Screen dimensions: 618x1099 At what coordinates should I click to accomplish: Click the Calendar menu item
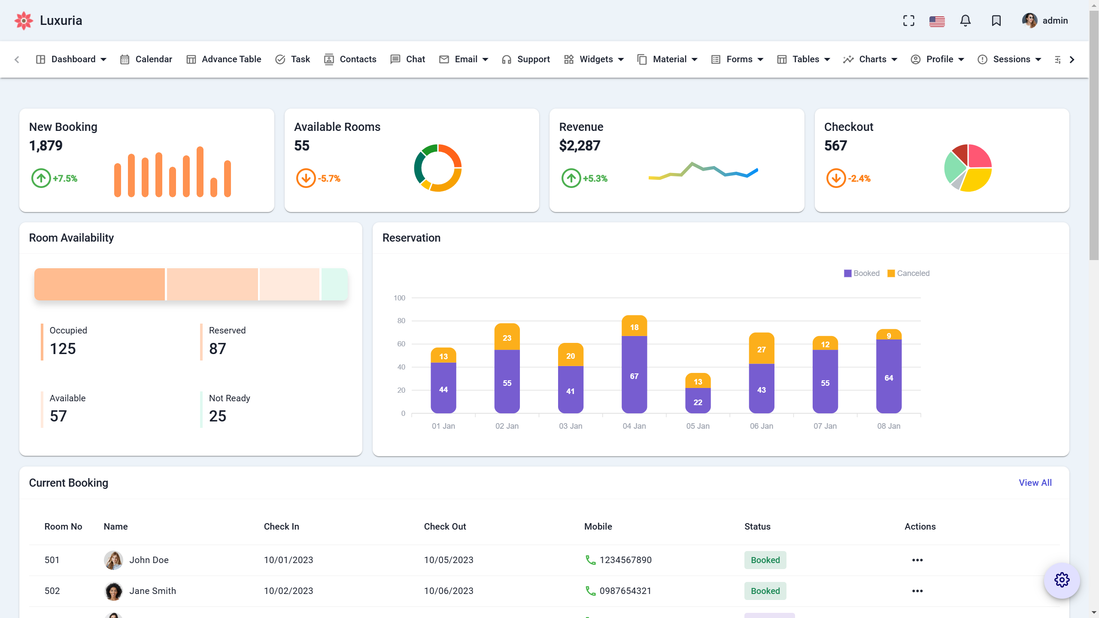(146, 59)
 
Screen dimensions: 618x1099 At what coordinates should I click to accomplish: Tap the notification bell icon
(965, 21)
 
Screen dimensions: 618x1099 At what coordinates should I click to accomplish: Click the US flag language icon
(937, 21)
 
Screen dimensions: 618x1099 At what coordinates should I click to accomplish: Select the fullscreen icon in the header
(908, 21)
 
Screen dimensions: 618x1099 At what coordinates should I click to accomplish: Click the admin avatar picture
(1029, 21)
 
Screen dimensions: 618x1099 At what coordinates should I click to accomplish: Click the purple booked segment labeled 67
(634, 376)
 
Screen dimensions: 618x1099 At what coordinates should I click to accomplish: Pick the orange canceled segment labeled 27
(761, 349)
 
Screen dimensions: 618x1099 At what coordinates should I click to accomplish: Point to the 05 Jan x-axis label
(698, 426)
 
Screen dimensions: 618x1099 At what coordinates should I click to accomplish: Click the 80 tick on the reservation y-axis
(401, 321)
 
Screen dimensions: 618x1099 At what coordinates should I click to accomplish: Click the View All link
(1035, 483)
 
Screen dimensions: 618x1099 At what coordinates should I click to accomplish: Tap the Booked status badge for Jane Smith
(765, 591)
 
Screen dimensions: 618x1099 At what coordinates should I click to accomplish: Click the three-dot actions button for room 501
(917, 560)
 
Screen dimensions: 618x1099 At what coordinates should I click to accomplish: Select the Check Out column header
(445, 527)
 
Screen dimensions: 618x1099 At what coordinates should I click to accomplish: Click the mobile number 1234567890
(625, 560)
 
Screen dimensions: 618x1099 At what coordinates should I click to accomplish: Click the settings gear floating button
(1062, 580)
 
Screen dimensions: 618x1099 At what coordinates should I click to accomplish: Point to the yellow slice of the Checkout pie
(977, 179)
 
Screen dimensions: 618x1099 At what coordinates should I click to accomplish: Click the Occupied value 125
(63, 348)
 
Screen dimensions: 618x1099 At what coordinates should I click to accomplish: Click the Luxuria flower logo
(24, 21)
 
